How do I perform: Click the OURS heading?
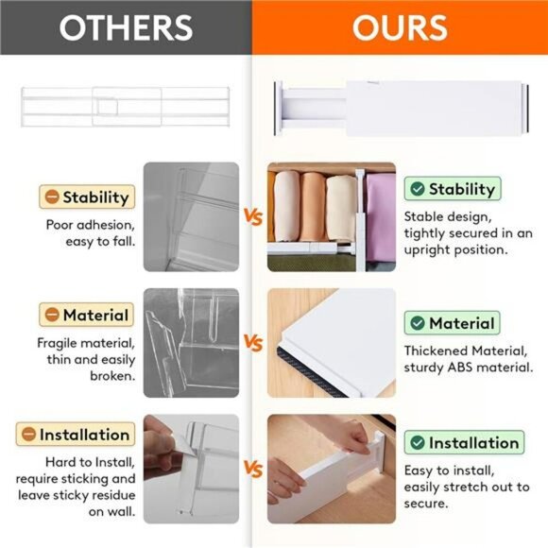(x=400, y=27)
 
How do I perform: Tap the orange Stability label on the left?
(x=86, y=197)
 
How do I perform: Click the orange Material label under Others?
(x=86, y=315)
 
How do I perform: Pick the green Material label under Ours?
(x=451, y=323)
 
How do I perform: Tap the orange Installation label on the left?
(x=74, y=435)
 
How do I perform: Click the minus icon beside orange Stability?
(x=50, y=197)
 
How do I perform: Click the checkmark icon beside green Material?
(x=416, y=323)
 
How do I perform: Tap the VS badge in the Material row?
(x=252, y=341)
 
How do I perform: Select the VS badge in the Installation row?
(x=252, y=468)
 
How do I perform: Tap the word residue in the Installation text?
(x=112, y=495)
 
